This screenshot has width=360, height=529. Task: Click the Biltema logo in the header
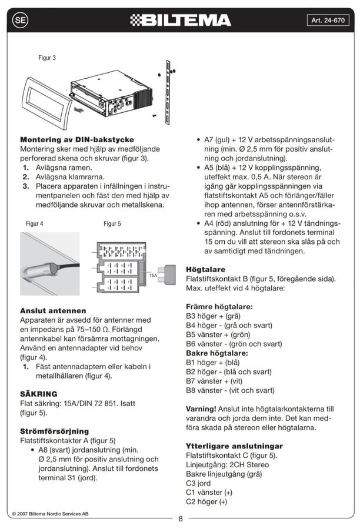[181, 20]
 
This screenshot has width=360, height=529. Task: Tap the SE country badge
[20, 20]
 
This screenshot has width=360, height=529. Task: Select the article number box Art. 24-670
[328, 20]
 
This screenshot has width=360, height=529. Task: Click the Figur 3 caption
[47, 58]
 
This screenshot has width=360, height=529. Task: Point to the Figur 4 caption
[35, 223]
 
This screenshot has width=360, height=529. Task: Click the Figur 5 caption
[112, 223]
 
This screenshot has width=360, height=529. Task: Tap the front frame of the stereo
[46, 103]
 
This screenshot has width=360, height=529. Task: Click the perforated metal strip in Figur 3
[168, 92]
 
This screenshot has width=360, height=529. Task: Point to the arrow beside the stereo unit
[79, 110]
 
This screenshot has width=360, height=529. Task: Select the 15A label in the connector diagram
[153, 275]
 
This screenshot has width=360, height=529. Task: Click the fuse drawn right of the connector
[167, 273]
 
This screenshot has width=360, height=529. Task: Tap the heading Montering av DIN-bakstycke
[77, 140]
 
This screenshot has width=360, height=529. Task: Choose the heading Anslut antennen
[53, 311]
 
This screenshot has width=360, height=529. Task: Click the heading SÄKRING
[38, 394]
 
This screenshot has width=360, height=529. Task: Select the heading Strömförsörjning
[54, 431]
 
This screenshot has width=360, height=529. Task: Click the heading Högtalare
[205, 270]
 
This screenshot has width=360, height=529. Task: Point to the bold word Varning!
[201, 409]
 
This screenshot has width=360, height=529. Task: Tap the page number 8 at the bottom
[181, 518]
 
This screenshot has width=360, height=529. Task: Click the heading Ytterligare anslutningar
[234, 446]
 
